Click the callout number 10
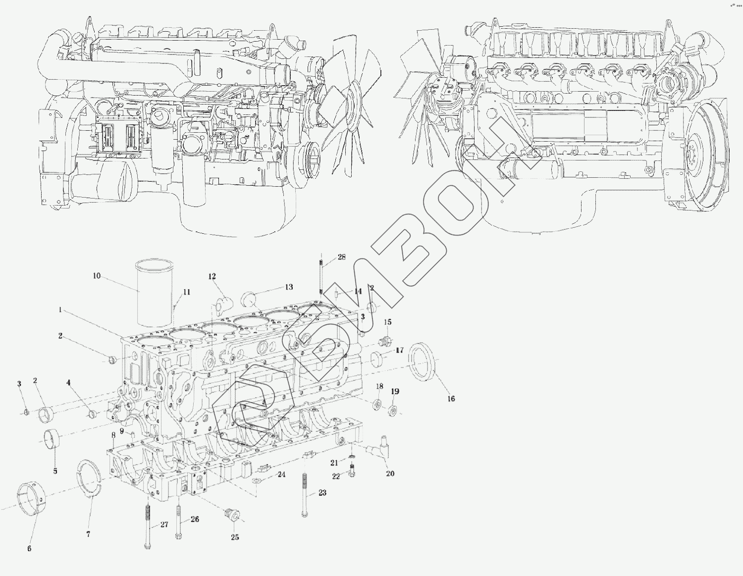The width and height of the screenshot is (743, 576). [x=97, y=275]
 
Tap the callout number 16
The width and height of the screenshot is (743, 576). [x=451, y=399]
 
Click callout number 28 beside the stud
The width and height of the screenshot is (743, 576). [x=342, y=257]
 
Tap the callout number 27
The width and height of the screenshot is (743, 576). [x=164, y=524]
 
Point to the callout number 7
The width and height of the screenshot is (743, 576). [x=88, y=534]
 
